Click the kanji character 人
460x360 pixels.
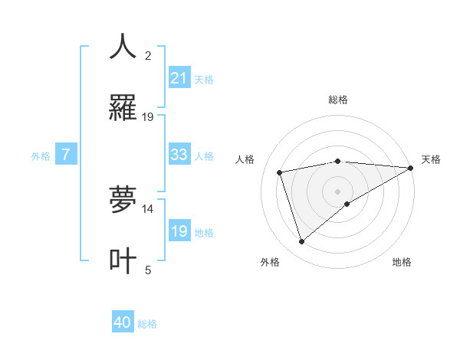coord(123,47)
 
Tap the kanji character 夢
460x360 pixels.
coord(123,200)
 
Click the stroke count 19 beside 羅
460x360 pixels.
coord(148,117)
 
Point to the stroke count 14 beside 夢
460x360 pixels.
coord(148,208)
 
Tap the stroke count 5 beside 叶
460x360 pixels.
coord(148,270)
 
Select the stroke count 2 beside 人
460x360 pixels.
coord(148,56)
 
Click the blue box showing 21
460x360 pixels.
coord(179,77)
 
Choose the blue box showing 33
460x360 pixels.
coord(179,155)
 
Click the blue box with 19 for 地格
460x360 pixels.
coord(179,231)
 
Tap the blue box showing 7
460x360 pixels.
coord(66,155)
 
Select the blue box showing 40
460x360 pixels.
coord(123,322)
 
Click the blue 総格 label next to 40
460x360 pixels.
coord(147,324)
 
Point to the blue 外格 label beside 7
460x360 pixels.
coord(41,156)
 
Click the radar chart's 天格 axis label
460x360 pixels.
coord(432,159)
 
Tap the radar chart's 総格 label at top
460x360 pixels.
coord(338,100)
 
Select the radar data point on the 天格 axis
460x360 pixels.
coord(411,168)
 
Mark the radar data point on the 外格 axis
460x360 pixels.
coord(301,242)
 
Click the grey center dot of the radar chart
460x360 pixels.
coord(338,191)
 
